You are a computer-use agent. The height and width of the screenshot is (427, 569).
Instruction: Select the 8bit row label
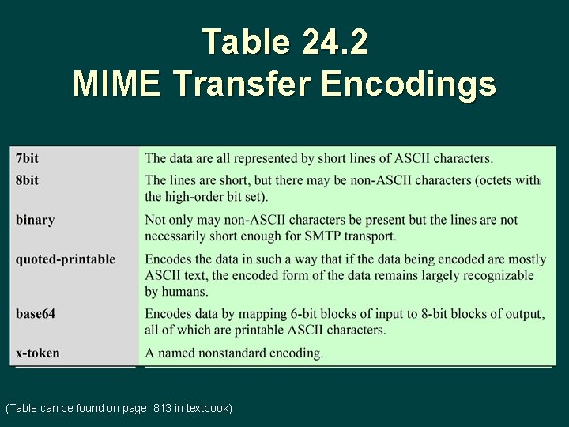[27, 180]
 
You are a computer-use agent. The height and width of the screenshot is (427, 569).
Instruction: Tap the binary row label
[35, 220]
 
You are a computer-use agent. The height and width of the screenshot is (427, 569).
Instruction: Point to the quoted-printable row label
[65, 259]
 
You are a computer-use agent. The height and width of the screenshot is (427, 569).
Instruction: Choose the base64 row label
[36, 314]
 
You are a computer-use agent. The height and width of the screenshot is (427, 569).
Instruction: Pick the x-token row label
[37, 353]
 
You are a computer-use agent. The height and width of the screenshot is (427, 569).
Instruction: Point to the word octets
[499, 180]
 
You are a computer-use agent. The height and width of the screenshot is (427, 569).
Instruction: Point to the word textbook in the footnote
[207, 408]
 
